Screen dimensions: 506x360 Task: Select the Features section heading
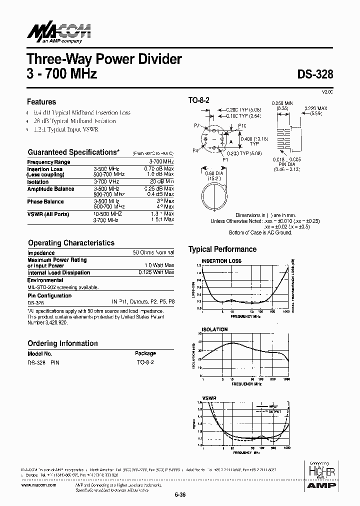41,101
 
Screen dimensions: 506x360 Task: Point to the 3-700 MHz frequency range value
161,162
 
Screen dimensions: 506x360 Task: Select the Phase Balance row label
45,201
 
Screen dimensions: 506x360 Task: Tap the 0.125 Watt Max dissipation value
156,272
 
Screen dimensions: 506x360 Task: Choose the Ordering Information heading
62,343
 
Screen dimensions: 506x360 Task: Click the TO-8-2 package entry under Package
145,361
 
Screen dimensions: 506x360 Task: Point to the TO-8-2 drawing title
198,100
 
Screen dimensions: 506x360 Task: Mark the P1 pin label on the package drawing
225,159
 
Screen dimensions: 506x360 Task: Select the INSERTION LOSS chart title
221,261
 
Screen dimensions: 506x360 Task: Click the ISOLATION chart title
214,329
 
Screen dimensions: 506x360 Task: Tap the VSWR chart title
208,398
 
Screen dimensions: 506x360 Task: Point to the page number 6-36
180,495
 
